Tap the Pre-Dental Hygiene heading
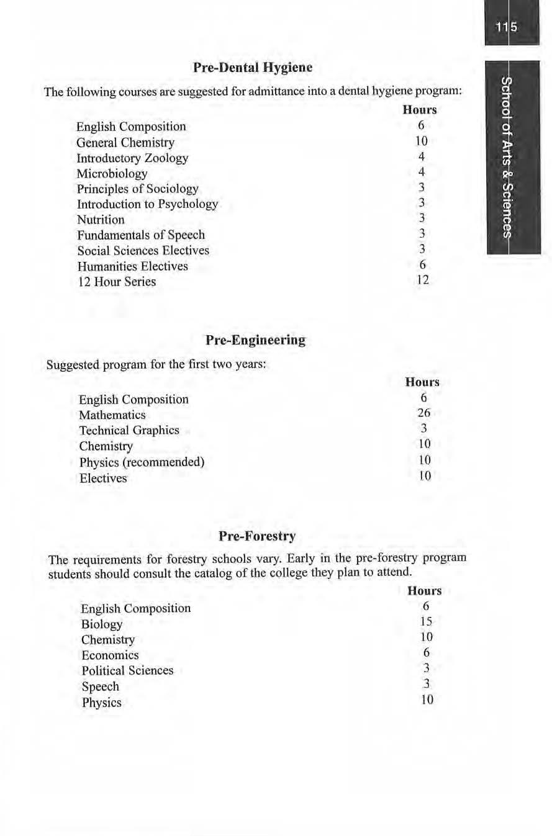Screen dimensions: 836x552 (253, 67)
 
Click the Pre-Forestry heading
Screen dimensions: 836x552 (256, 535)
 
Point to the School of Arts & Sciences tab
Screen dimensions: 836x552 (507, 158)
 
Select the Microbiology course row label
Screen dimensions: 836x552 (112, 173)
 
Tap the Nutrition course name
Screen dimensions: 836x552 (101, 220)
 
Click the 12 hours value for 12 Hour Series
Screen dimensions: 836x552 (422, 280)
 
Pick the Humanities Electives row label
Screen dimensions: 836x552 (132, 266)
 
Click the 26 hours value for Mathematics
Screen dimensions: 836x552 (424, 413)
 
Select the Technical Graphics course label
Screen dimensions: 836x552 (129, 430)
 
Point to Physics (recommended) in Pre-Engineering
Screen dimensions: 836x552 (142, 462)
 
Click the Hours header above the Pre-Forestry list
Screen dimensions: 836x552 (425, 591)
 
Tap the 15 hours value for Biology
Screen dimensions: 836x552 (425, 622)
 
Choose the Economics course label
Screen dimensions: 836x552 (110, 655)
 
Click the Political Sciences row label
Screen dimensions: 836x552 (127, 670)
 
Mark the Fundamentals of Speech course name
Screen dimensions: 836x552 (141, 235)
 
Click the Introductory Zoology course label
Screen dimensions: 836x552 (132, 158)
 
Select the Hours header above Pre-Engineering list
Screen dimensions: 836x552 (422, 382)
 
